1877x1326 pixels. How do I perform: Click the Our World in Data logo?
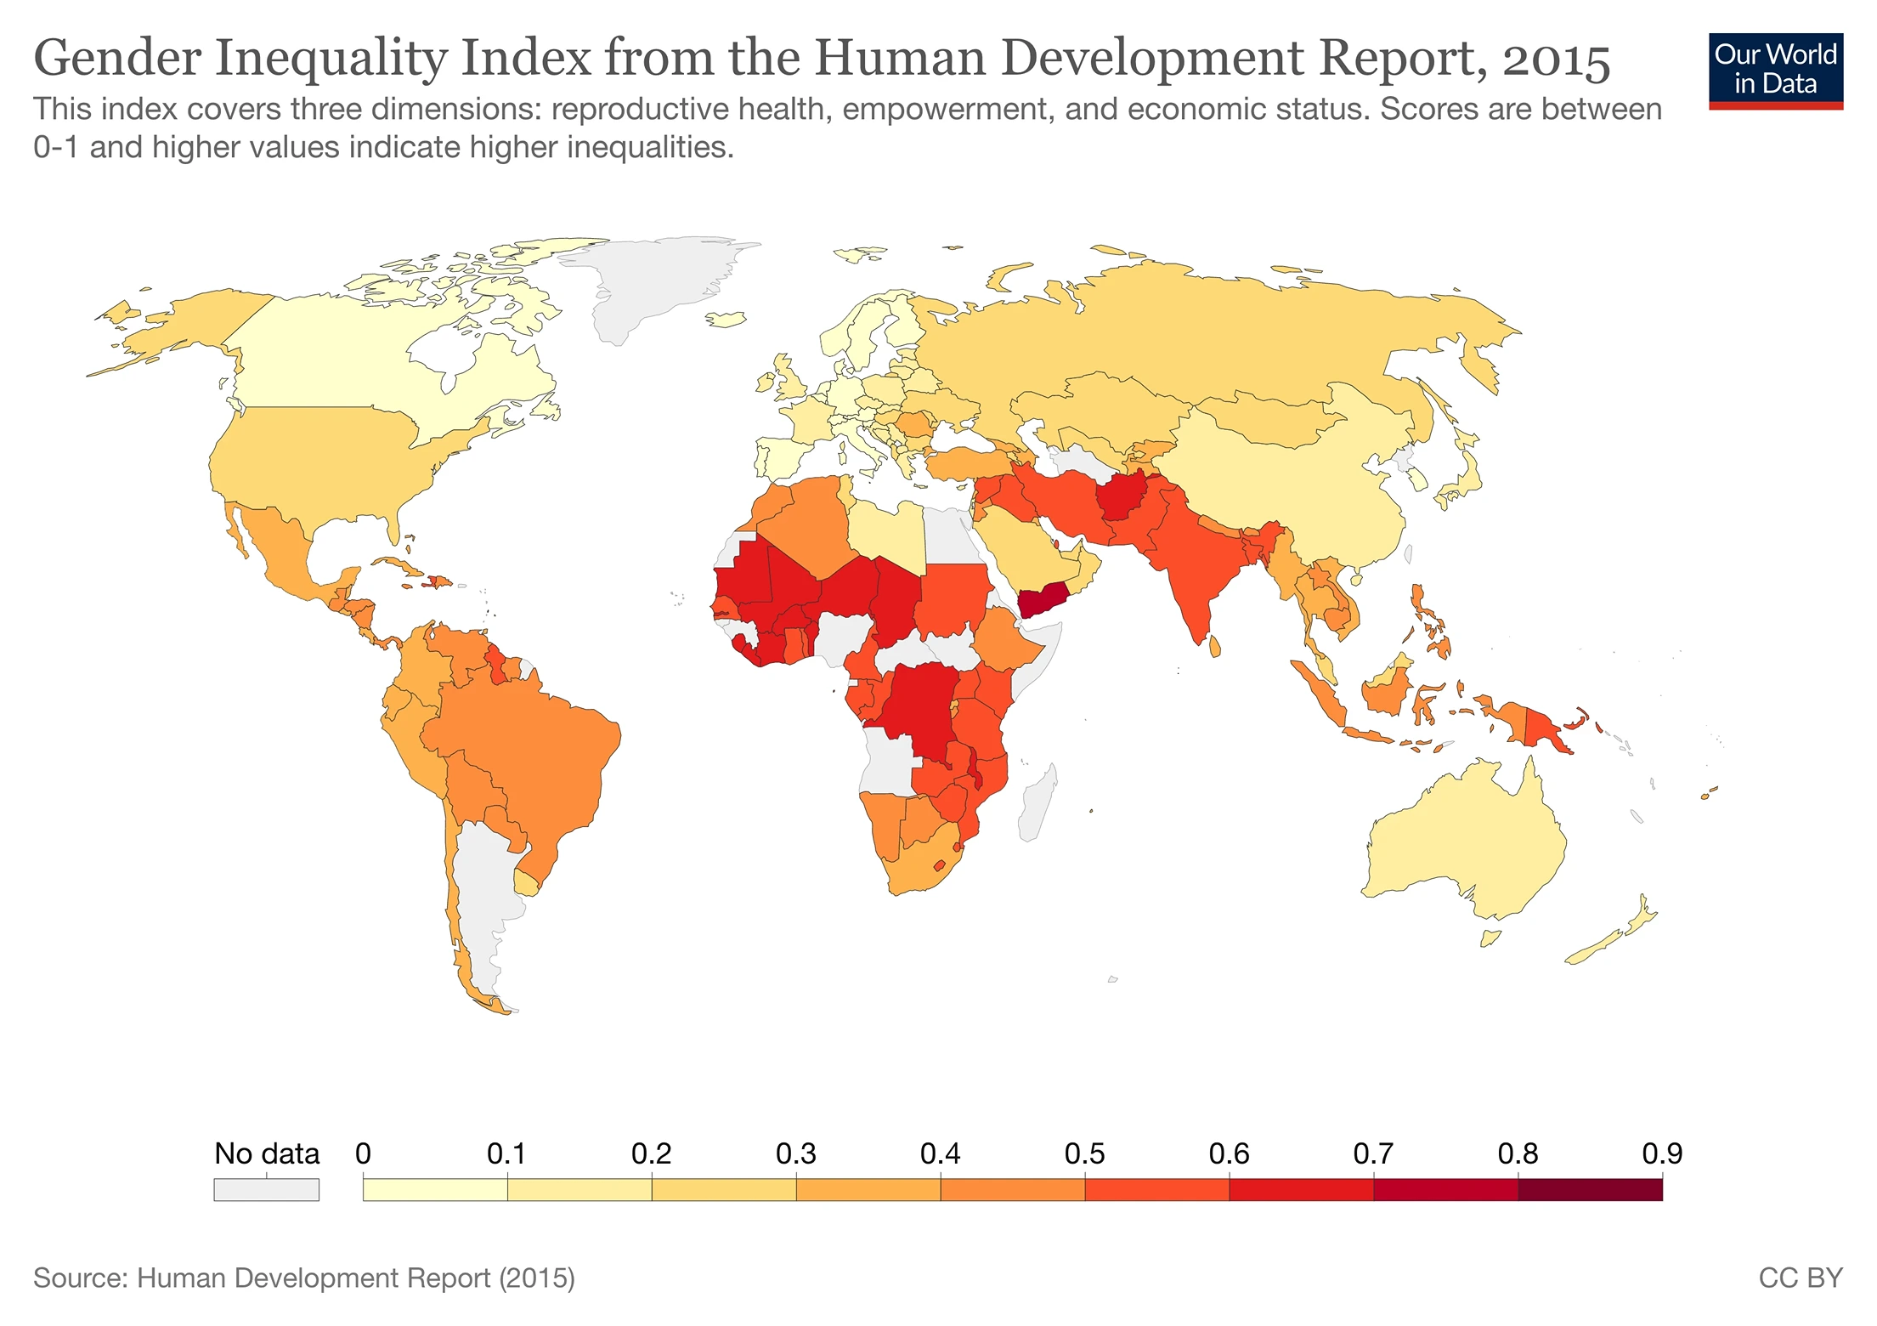point(1775,70)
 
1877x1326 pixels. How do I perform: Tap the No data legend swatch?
point(266,1189)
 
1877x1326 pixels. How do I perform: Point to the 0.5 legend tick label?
point(1084,1153)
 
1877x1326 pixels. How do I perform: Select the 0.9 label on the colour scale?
point(1661,1153)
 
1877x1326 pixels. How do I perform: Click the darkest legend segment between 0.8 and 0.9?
point(1589,1189)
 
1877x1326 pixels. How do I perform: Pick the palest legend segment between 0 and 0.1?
point(435,1189)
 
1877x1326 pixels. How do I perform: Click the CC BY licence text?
point(1800,1278)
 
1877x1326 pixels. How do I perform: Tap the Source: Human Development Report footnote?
point(303,1278)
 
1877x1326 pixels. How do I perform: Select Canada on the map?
point(357,357)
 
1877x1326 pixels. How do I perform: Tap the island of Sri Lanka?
point(1215,648)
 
